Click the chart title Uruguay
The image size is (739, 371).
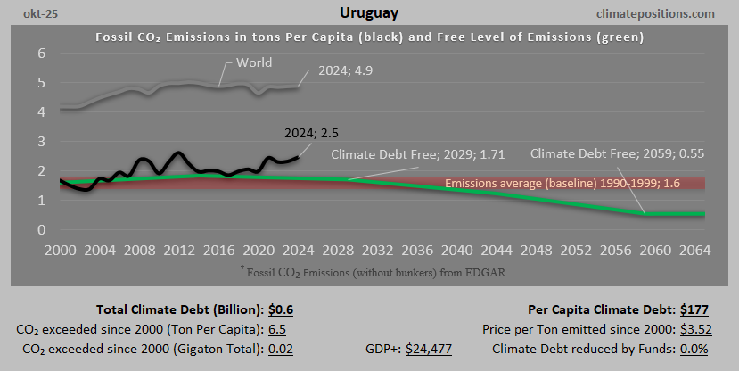[x=369, y=13]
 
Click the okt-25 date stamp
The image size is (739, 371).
[x=29, y=14]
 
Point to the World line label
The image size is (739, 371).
[x=254, y=63]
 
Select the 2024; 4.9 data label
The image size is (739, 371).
[x=334, y=71]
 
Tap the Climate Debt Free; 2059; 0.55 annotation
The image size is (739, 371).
[x=617, y=153]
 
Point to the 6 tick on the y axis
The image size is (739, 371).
[x=41, y=54]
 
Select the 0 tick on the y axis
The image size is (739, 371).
[x=41, y=230]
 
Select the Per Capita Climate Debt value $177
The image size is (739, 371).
[x=695, y=310]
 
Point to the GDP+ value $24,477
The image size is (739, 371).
[x=429, y=349]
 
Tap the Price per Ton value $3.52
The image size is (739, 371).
[x=692, y=329]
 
